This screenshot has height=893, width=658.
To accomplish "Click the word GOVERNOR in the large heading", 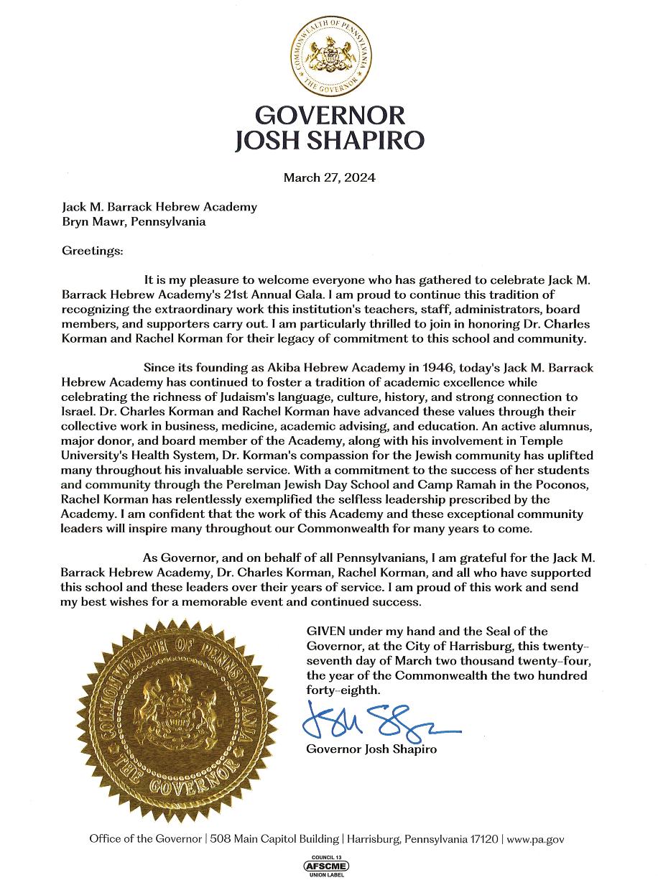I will coord(330,115).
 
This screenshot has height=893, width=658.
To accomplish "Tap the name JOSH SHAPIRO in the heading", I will coord(330,140).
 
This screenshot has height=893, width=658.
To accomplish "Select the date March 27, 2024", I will coord(330,177).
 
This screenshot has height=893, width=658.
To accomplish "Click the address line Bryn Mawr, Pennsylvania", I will coord(134,221).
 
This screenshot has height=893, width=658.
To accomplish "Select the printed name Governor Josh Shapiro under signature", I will coord(371,749).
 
